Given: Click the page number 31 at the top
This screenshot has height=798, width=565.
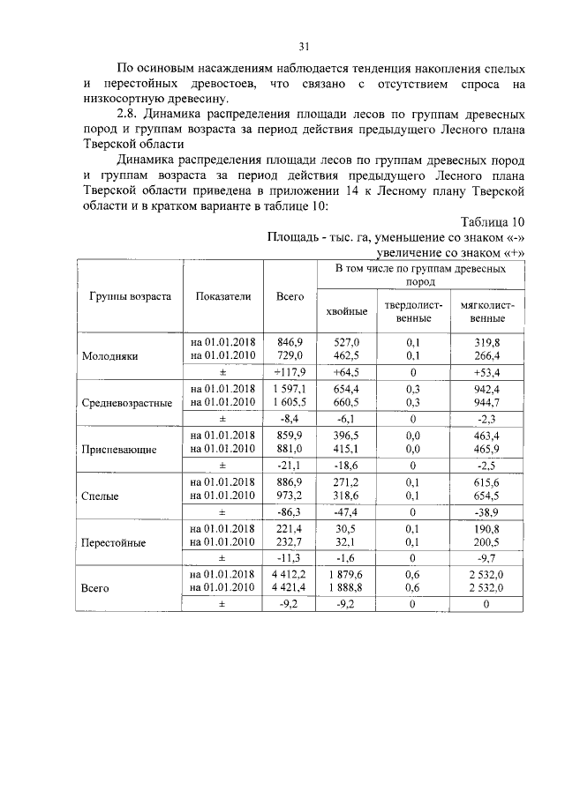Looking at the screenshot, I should pyautogui.click(x=304, y=46).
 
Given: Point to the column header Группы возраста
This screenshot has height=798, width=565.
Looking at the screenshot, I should pyautogui.click(x=130, y=297).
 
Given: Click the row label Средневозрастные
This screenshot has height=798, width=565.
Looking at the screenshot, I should pyautogui.click(x=126, y=403).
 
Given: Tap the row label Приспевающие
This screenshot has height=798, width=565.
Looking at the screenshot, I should pyautogui.click(x=118, y=449).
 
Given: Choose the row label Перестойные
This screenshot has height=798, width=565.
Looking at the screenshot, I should pyautogui.click(x=113, y=541).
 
